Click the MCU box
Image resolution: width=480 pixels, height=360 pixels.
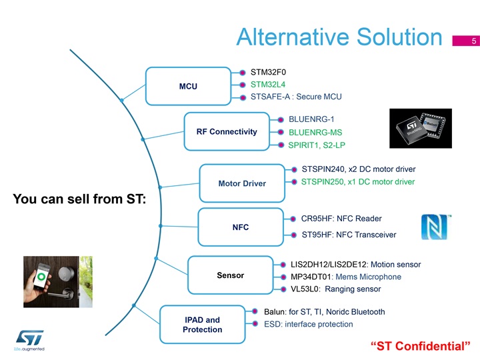[x=188, y=86]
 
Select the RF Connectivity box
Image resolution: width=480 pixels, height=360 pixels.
[x=227, y=131]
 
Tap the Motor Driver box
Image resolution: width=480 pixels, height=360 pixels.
[x=242, y=183]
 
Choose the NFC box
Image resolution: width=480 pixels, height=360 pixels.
[x=241, y=227]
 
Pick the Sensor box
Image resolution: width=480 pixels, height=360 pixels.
[x=231, y=275]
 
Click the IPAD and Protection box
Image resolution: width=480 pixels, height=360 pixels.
[x=203, y=324]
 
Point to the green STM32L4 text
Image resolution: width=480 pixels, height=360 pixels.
[x=268, y=85]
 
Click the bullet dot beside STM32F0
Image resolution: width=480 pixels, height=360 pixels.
[x=243, y=73]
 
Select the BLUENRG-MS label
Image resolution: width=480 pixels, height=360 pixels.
[x=315, y=132]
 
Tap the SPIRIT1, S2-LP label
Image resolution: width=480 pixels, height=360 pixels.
[x=317, y=145]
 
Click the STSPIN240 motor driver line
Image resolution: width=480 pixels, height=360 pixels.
[x=359, y=169]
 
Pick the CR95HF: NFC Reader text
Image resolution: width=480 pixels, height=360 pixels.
[x=341, y=219]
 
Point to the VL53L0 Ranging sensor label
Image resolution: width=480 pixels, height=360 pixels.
[x=335, y=289]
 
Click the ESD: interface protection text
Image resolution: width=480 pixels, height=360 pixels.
[x=308, y=324]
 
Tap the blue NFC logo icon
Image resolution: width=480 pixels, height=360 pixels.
[x=436, y=227]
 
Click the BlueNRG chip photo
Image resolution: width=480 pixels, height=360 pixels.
[x=421, y=128]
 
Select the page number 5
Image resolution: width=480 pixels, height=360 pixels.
[x=474, y=41]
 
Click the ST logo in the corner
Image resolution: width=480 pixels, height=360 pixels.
[x=30, y=338]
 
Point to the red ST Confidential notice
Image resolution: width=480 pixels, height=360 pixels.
[x=420, y=346]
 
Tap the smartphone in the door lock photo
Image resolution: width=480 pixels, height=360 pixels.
[x=41, y=277]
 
